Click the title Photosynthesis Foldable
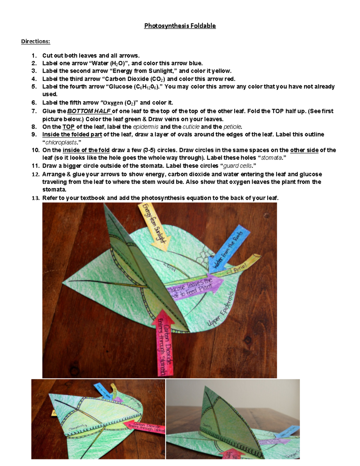[180, 26]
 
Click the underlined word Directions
[35, 41]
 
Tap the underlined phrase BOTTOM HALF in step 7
[89, 111]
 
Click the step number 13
[35, 198]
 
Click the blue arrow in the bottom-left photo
[99, 389]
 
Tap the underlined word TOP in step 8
[68, 127]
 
